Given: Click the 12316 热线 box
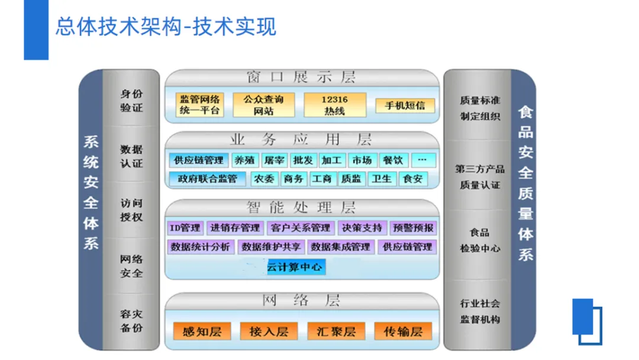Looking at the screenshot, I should [334, 105].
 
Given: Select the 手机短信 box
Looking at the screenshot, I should [405, 105].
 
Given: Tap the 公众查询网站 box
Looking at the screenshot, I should [263, 105].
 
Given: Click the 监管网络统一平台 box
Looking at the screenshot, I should [200, 105].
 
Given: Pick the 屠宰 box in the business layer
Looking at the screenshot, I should [275, 160].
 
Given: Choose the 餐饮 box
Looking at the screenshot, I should [392, 160].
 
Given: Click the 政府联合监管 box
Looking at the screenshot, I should [207, 178].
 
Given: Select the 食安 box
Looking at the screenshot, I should [412, 178].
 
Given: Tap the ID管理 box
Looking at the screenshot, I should [185, 227].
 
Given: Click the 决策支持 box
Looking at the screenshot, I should [362, 227].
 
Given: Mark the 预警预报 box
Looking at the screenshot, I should [413, 227].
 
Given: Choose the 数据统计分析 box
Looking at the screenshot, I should [201, 246].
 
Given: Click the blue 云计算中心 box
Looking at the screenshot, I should [295, 267].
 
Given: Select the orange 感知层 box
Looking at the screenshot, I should [202, 332].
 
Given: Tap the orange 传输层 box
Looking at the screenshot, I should [403, 332].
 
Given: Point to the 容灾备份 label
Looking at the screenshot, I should [131, 320].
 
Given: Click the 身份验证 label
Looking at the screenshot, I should [131, 101].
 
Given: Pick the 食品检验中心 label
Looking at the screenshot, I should [480, 240].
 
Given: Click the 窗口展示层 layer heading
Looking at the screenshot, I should [301, 77].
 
